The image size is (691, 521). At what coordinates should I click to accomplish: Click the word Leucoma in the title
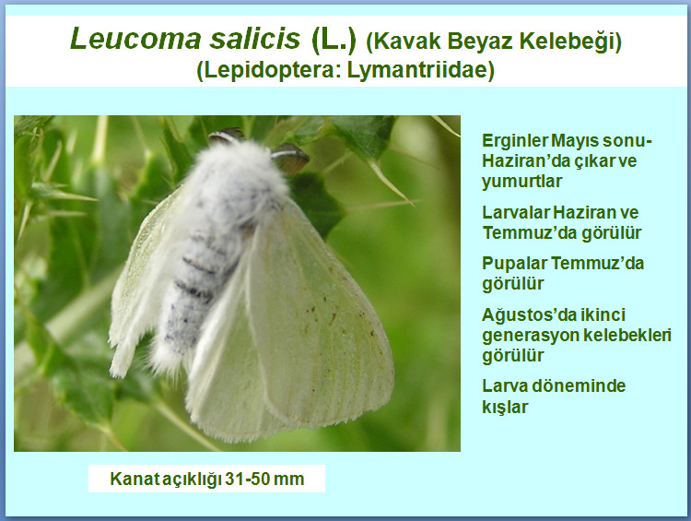point(135,39)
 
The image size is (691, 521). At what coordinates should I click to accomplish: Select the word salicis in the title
point(254,39)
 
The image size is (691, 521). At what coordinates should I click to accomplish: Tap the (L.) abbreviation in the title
point(334,40)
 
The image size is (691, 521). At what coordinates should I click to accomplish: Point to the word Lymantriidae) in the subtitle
point(421,71)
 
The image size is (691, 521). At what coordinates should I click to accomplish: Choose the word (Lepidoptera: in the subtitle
point(269,71)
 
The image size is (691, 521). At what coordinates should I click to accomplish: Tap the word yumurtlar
point(521,182)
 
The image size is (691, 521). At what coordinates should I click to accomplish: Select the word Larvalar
point(515,213)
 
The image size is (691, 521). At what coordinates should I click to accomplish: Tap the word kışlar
point(505,407)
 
